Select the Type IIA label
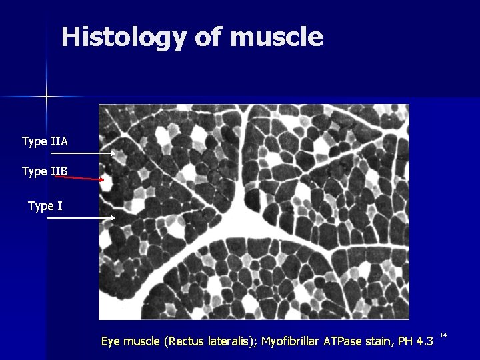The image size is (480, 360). [45, 141]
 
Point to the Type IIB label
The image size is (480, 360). [45, 171]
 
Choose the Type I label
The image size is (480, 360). [45, 206]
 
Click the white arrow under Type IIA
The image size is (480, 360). [83, 154]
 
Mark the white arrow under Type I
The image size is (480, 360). [83, 218]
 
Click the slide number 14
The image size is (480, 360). [443, 335]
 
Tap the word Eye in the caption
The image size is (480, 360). [111, 342]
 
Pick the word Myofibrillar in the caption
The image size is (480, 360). [290, 342]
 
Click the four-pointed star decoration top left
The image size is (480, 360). [47, 97]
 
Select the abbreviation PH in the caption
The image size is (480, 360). [406, 342]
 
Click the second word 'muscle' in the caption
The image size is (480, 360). [143, 342]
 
